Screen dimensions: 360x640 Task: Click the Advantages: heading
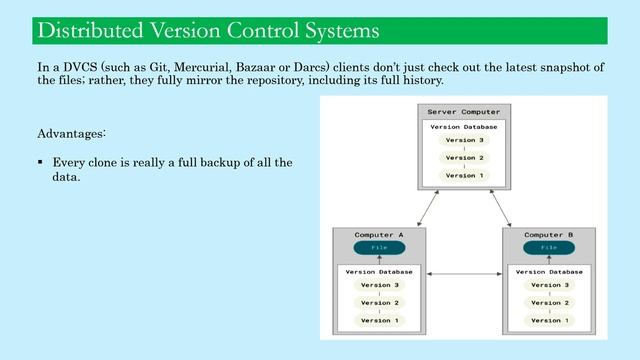coord(71,133)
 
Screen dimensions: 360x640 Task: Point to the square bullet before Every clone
coord(40,162)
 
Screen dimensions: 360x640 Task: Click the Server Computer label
coord(463,111)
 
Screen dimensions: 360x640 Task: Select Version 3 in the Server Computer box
coord(464,140)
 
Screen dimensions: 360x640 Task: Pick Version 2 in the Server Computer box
coord(464,158)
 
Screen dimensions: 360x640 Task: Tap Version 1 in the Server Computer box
coord(464,176)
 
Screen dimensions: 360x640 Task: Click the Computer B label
coord(549,235)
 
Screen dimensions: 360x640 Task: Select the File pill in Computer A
coord(379,247)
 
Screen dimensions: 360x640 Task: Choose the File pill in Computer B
coord(549,247)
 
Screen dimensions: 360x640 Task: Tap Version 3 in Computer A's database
coord(379,285)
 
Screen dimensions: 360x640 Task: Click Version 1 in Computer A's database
coord(379,320)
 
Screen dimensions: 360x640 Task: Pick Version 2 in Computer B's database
coord(549,303)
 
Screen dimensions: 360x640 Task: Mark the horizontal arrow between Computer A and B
coord(464,274)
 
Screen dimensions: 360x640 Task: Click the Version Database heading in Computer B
coord(549,271)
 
